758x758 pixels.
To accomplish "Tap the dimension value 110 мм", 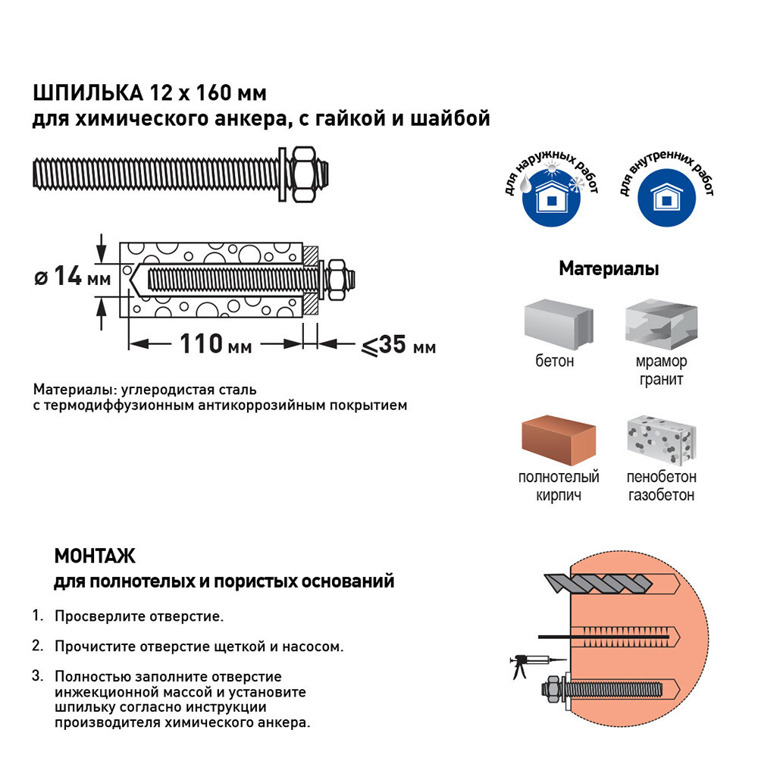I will pyautogui.click(x=215, y=345).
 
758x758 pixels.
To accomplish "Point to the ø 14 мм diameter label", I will pyautogui.click(x=72, y=277).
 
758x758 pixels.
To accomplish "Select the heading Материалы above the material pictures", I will pyautogui.click(x=608, y=269).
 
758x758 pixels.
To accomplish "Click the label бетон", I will pyautogui.click(x=554, y=362).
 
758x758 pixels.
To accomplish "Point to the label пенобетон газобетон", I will pyautogui.click(x=661, y=486).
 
